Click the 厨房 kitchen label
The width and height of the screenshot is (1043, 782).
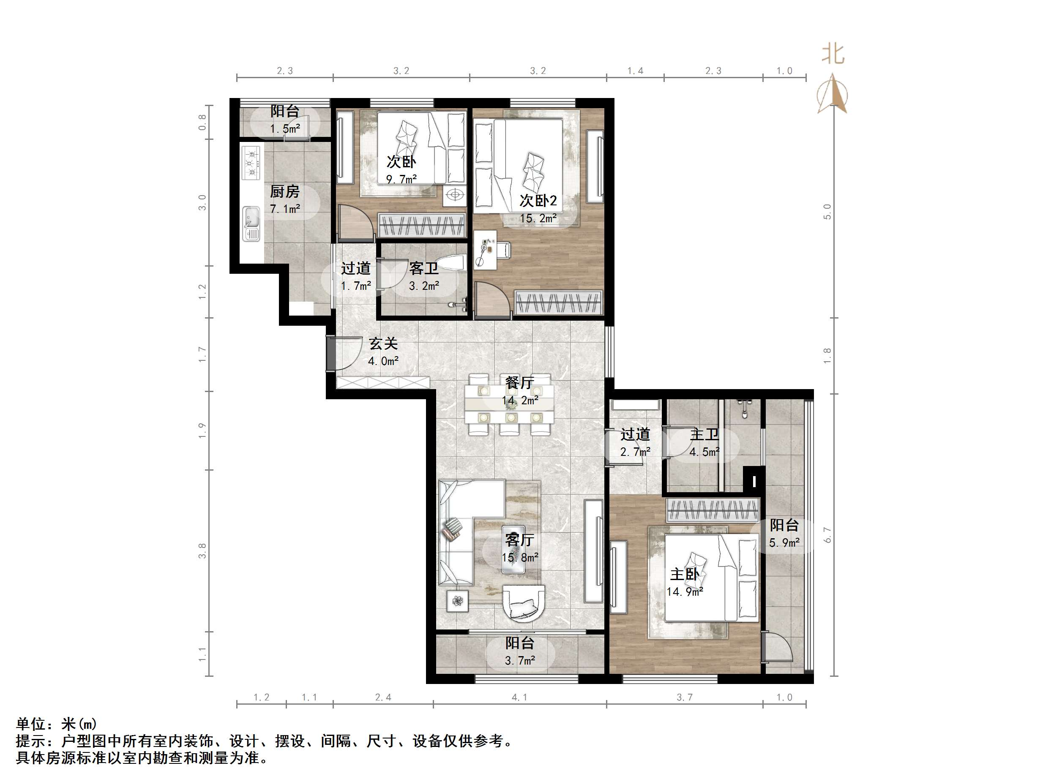(284, 191)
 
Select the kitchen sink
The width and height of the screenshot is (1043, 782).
(251, 223)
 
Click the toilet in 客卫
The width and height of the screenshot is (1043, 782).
(452, 262)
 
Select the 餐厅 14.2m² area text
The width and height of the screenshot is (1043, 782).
(520, 400)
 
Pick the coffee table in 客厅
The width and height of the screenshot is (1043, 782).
(513, 549)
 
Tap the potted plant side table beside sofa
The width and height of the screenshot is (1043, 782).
(457, 601)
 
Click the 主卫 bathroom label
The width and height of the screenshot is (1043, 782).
(704, 434)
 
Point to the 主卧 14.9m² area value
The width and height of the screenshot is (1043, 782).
(685, 591)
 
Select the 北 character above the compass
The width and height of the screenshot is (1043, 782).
(833, 54)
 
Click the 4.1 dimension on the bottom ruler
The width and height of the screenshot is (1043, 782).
(519, 697)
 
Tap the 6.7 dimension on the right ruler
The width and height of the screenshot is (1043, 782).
(827, 534)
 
